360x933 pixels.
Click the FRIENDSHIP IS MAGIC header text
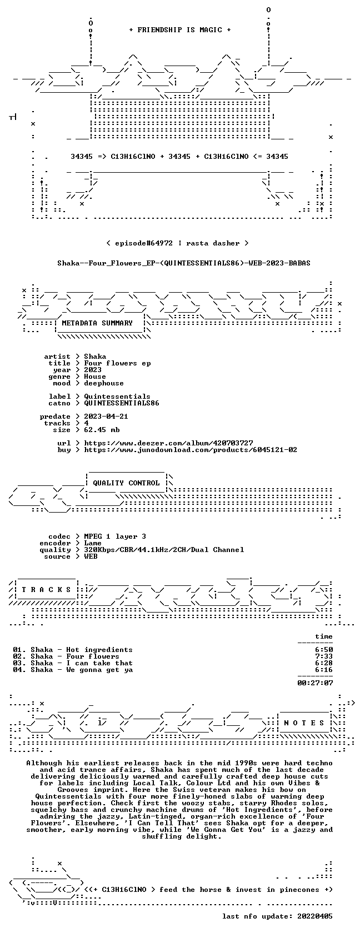pyautogui.click(x=179, y=30)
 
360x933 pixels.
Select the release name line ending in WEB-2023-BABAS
pyautogui.click(x=184, y=263)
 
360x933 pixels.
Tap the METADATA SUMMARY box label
pyautogui.click(x=97, y=323)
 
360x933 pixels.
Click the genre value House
pyautogui.click(x=95, y=377)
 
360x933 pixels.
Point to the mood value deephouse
pyautogui.click(x=104, y=383)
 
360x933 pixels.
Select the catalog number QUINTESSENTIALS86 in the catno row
pyautogui.click(x=122, y=403)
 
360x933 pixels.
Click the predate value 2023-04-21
pyautogui.click(x=106, y=417)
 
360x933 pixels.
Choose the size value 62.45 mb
pyautogui.click(x=102, y=430)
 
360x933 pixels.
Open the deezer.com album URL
pyautogui.click(x=168, y=443)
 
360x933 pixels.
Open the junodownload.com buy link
pyautogui.click(x=191, y=450)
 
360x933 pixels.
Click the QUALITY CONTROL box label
pyautogui.click(x=126, y=483)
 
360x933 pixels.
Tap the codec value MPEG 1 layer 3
pyautogui.click(x=115, y=536)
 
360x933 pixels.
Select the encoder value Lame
pyautogui.click(x=93, y=543)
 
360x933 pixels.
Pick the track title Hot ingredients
pyautogui.click(x=99, y=650)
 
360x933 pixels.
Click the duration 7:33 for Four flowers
pyautogui.click(x=324, y=656)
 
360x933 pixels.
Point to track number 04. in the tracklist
pyautogui.click(x=19, y=670)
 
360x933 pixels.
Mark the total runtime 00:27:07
pyautogui.click(x=315, y=683)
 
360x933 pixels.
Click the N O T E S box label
pyautogui.click(x=304, y=723)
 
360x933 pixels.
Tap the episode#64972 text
pyautogui.click(x=144, y=243)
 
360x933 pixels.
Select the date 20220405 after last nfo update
pyautogui.click(x=315, y=916)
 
